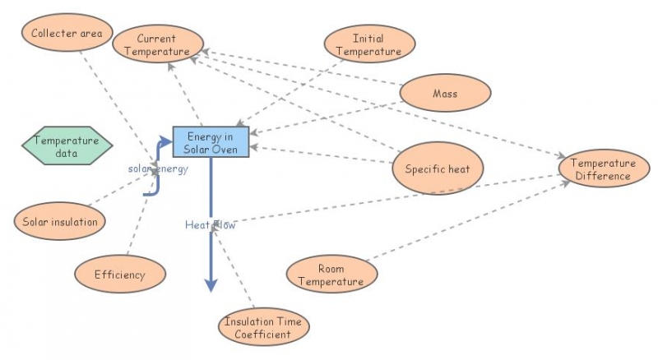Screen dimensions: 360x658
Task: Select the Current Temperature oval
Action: click(157, 44)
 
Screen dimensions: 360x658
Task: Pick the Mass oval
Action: click(445, 94)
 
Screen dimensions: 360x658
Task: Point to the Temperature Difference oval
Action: click(603, 169)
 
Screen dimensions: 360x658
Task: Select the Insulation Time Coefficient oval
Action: click(265, 327)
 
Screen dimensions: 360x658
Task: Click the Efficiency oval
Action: click(119, 275)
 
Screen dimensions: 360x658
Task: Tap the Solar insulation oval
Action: click(60, 222)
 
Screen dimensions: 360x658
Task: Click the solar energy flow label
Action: click(158, 169)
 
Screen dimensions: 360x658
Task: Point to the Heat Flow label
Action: click(210, 224)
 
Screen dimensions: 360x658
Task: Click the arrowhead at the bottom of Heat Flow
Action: click(211, 284)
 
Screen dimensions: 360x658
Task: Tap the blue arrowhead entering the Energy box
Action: click(167, 142)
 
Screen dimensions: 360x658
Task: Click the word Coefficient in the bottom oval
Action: click(265, 334)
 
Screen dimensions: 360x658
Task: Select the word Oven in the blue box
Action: click(225, 148)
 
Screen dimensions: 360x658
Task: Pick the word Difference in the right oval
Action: click(603, 176)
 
